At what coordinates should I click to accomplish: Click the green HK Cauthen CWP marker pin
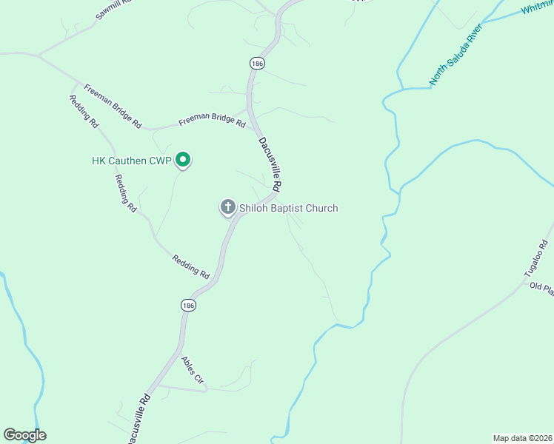click(x=182, y=159)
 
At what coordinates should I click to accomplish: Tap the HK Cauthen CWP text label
click(x=131, y=160)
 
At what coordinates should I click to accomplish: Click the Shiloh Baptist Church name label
click(x=288, y=208)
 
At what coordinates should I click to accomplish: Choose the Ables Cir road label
click(x=193, y=370)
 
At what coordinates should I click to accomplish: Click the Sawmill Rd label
click(x=113, y=10)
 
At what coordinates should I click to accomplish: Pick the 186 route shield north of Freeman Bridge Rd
click(x=257, y=64)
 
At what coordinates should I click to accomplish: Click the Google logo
click(x=24, y=435)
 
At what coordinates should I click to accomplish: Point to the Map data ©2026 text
click(x=523, y=437)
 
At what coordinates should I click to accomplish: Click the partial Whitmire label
click(x=537, y=8)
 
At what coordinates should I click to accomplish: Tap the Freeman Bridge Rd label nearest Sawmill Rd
click(x=113, y=106)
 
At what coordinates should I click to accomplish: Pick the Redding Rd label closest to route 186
click(x=191, y=267)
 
